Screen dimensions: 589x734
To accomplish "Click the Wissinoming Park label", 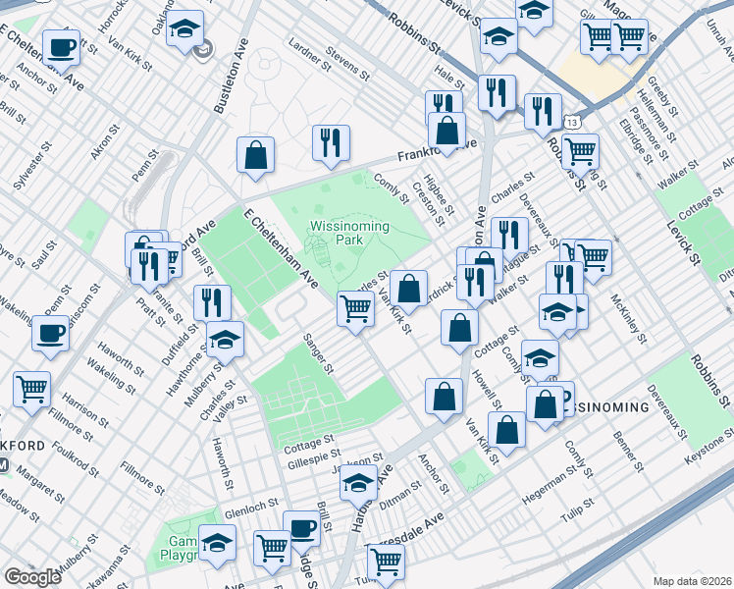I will pos(349,233).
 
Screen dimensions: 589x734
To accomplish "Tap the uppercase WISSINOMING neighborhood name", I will pos(603,406).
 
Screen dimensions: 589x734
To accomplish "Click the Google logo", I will pos(32,577).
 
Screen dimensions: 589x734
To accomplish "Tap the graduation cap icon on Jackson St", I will pos(360,484).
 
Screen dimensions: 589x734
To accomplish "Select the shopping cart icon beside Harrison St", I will pos(32,388).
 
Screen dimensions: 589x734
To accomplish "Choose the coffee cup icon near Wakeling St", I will pos(51,332).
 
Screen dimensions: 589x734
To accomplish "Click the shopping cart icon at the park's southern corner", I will pos(355,308).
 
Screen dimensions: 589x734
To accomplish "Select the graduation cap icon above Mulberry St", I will pos(225,341).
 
